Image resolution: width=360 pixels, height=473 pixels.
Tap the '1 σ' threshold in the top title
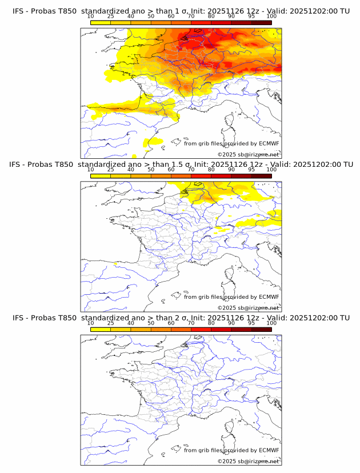click(x=175, y=11)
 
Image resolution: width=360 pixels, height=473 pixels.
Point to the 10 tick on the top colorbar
click(x=91, y=17)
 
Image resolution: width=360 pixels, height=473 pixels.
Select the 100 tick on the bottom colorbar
click(x=271, y=323)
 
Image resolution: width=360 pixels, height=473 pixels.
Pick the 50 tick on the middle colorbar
click(x=151, y=170)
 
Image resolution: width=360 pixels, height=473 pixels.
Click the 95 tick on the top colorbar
click(x=251, y=17)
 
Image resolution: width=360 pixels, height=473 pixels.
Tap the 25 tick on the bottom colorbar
click(x=111, y=323)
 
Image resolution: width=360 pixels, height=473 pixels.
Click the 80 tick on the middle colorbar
click(x=211, y=170)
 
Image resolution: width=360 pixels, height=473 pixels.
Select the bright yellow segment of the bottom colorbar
click(x=101, y=328)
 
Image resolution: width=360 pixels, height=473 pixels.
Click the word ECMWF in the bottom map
click(x=269, y=450)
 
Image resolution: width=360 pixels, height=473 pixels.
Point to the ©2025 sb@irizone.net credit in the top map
click(x=248, y=155)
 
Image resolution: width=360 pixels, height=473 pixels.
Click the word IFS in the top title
click(x=18, y=11)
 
